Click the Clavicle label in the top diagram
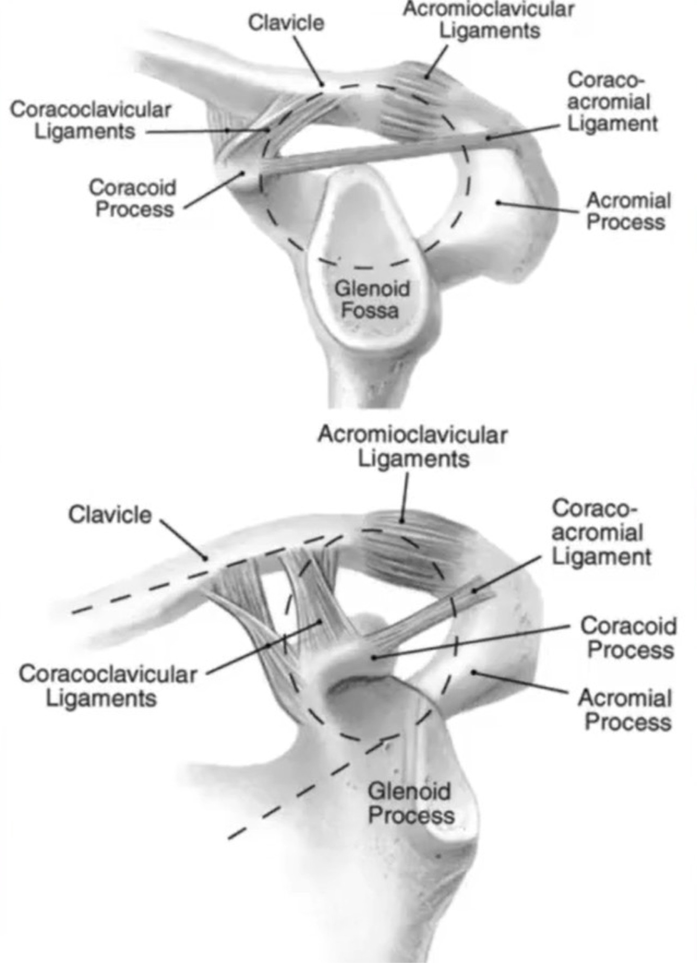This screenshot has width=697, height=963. pos(286,23)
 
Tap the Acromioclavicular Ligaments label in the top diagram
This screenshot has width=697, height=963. pos(488,20)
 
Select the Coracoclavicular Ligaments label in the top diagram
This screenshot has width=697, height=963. pos(90,120)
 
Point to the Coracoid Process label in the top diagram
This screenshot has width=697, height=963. pos(133,199)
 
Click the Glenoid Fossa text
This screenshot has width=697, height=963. pos(371,300)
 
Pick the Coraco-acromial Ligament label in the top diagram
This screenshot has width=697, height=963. pos(611,102)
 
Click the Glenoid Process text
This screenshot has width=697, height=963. pos(410,804)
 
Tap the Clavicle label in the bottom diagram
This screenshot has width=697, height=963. pos(110,515)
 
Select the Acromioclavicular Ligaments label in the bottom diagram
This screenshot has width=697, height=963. pos(413,447)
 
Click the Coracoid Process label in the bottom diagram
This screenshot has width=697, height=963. pos(629,638)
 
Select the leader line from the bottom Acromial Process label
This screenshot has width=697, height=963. pos(522,682)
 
